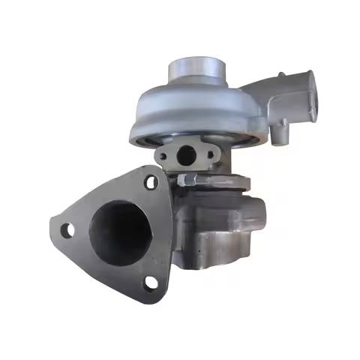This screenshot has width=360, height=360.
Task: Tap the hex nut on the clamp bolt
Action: click(187, 179)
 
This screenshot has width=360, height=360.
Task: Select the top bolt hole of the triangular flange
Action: click(153, 182)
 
